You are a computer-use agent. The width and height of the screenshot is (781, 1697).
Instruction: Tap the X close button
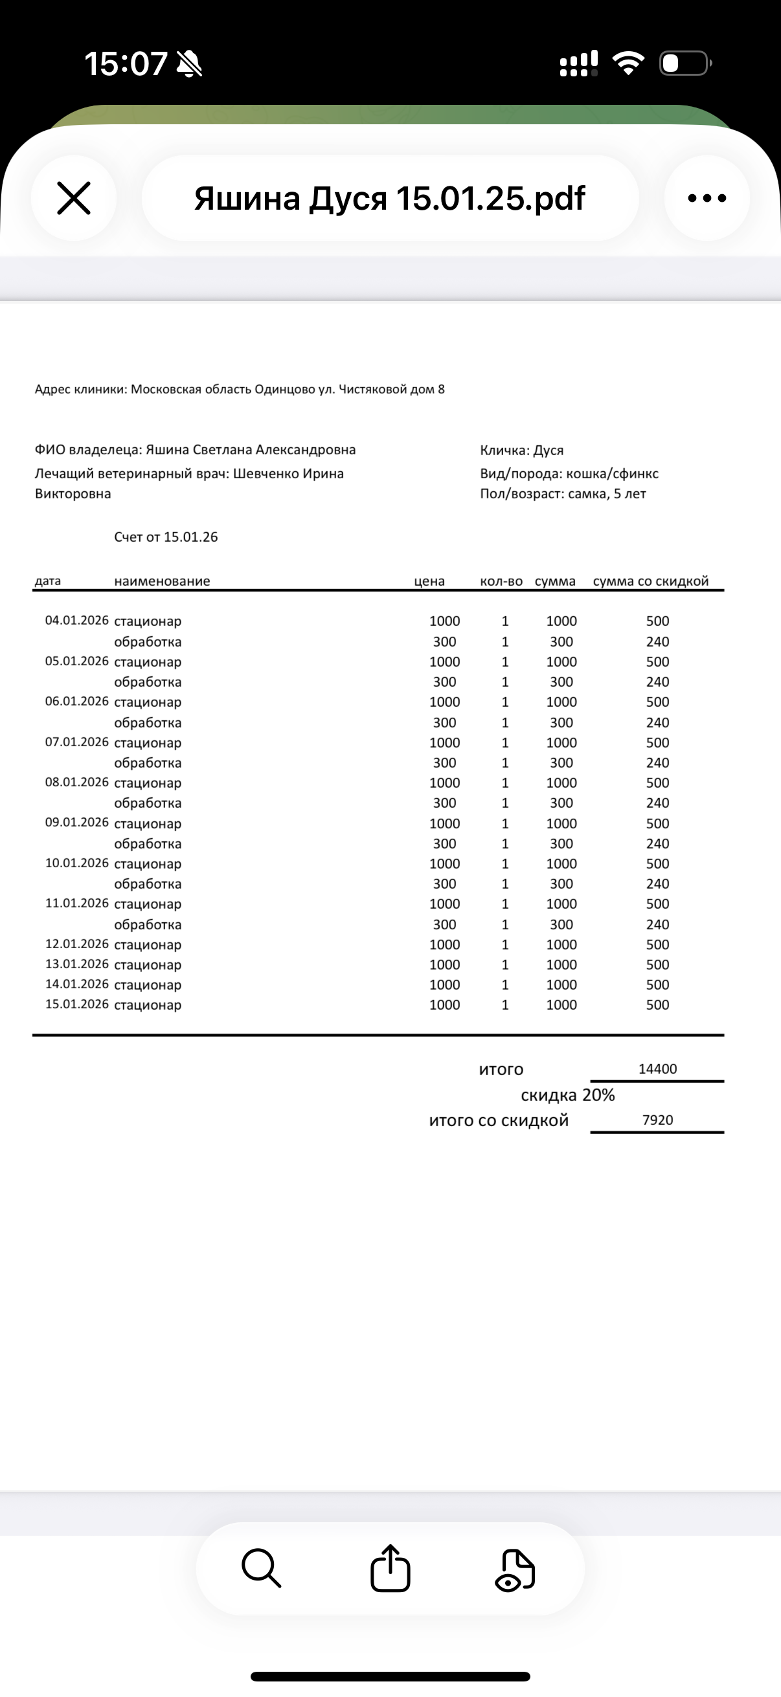click(x=74, y=198)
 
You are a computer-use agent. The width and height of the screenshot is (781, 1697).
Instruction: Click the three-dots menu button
click(x=707, y=198)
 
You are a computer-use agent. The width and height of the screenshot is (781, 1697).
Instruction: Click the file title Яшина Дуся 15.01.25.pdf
click(x=389, y=198)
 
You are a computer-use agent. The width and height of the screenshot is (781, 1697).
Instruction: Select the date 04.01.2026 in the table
click(x=76, y=620)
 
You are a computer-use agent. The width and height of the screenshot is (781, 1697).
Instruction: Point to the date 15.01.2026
click(x=76, y=1004)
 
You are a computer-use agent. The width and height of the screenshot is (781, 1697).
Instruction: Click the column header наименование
click(x=162, y=581)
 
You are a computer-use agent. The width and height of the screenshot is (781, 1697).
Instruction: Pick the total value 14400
click(x=657, y=1069)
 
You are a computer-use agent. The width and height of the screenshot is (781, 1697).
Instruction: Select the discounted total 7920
click(x=657, y=1120)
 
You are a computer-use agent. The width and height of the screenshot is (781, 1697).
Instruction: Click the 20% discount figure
click(x=598, y=1095)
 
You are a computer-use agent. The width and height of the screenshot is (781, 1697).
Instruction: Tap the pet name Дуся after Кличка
click(x=549, y=450)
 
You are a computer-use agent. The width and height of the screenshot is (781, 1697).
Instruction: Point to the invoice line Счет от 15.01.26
click(x=165, y=537)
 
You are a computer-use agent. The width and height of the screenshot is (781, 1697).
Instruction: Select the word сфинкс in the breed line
click(x=637, y=474)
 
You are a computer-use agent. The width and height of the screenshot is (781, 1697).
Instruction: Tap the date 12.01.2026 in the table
click(x=76, y=944)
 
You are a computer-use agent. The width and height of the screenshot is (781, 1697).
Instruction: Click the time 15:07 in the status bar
click(x=125, y=64)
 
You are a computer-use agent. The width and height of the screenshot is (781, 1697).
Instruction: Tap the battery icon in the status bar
click(x=685, y=63)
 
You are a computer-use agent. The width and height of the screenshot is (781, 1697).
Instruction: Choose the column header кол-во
click(x=501, y=581)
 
